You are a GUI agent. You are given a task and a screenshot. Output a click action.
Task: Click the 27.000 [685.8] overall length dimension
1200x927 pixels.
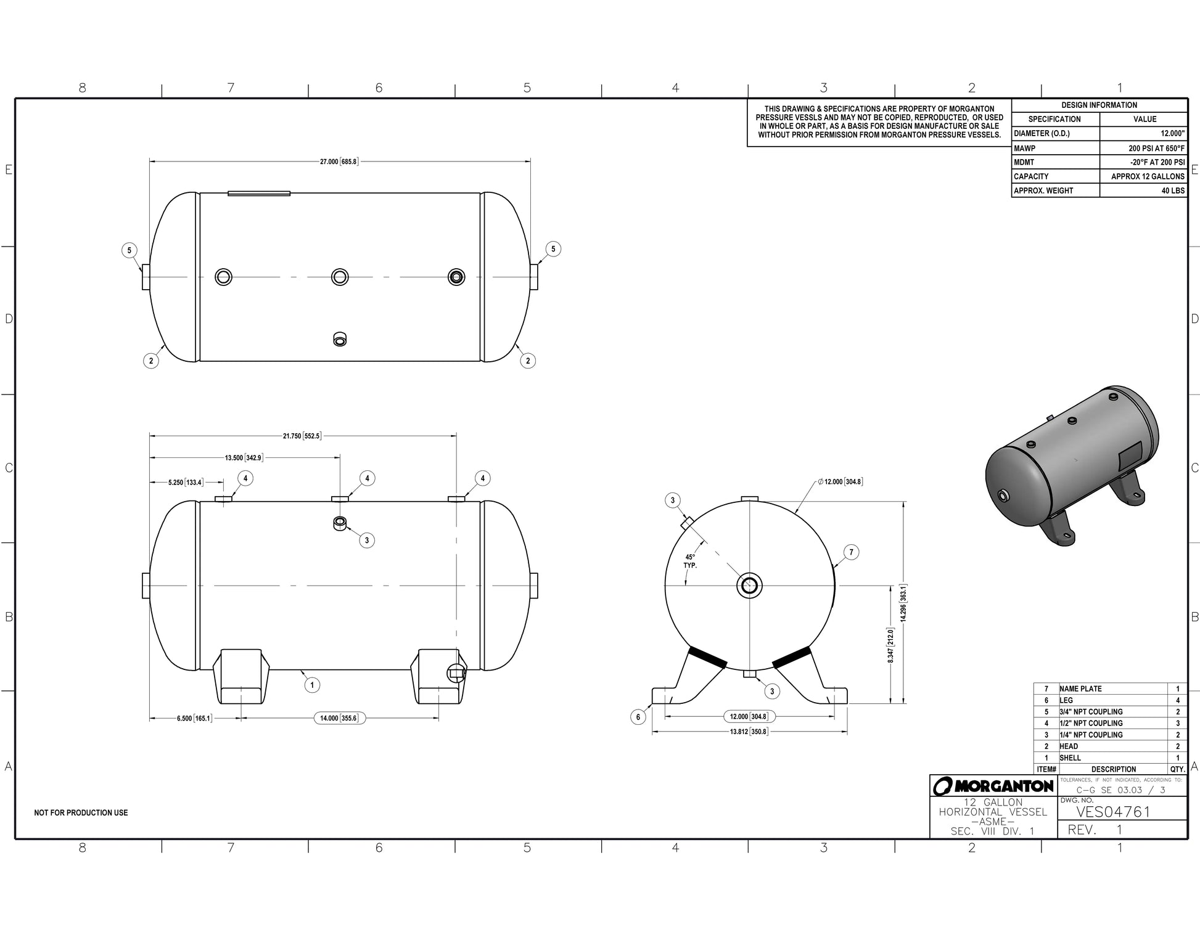339,161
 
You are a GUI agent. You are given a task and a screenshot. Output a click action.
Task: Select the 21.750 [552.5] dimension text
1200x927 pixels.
302,436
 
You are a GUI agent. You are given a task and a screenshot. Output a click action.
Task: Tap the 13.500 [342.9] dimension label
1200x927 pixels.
244,458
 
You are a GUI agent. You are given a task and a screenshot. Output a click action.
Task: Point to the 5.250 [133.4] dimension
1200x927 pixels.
185,482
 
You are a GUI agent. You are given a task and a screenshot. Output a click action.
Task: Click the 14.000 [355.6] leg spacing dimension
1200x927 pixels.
339,718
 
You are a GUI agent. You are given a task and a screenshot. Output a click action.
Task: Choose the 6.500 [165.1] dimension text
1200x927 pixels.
194,718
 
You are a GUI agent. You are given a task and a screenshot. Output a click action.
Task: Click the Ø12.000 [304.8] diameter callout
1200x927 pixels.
840,481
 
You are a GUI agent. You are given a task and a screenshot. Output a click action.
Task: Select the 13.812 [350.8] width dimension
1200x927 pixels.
749,732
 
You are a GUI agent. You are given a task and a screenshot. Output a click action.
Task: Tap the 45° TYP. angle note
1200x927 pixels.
690,561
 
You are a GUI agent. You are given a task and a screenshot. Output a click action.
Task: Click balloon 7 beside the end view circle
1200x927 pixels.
851,552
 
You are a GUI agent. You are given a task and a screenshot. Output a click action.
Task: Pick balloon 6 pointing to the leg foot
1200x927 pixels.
638,717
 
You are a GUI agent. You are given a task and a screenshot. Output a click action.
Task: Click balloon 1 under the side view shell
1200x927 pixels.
312,685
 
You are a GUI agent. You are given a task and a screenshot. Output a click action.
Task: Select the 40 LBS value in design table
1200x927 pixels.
1172,191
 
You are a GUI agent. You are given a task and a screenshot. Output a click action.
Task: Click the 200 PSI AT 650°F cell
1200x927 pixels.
1156,149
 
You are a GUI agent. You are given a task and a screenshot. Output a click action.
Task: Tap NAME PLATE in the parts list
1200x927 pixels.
1080,688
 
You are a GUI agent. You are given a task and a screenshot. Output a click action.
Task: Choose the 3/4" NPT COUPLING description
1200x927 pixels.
1090,712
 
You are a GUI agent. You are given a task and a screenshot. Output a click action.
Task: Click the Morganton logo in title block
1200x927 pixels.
993,786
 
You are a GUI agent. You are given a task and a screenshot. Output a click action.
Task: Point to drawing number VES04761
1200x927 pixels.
1113,812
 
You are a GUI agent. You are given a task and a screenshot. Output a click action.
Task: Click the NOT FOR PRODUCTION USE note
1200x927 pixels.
81,813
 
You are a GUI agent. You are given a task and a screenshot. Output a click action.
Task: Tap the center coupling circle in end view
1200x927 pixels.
749,585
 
